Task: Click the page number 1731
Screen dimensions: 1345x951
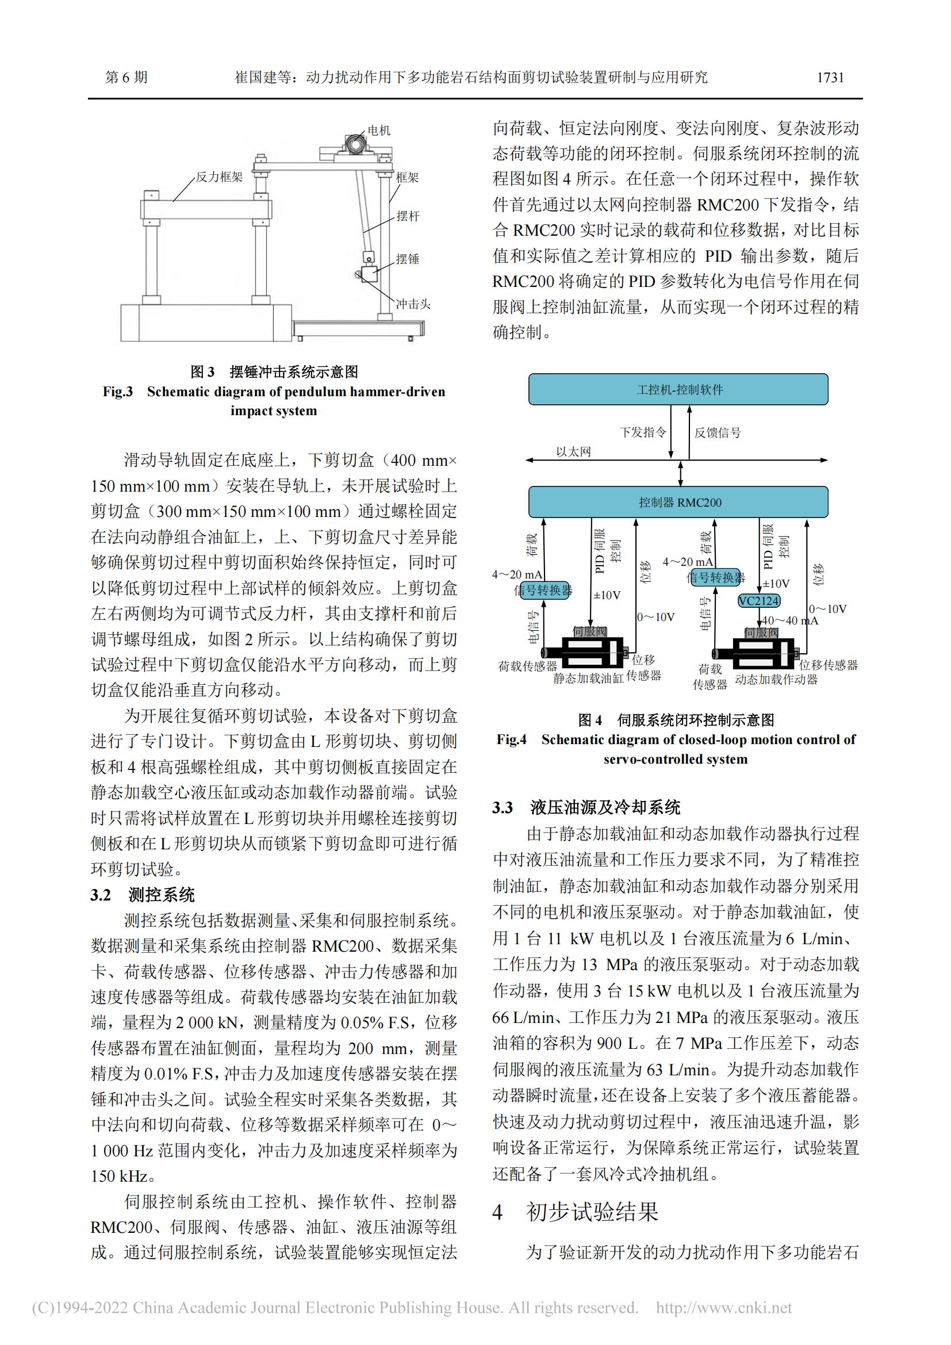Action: click(x=830, y=77)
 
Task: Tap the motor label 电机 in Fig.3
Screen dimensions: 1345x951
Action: click(x=379, y=131)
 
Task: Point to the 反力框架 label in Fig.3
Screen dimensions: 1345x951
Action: click(x=218, y=177)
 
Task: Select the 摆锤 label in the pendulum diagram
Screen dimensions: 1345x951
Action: click(x=408, y=259)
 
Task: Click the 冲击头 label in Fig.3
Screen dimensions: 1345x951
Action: click(x=413, y=304)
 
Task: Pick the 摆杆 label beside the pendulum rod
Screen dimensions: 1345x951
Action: click(x=408, y=216)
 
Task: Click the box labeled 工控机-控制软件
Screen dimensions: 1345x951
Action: click(x=678, y=389)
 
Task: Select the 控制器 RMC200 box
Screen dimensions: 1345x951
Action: click(x=678, y=502)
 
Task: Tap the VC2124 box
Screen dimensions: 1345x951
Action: click(x=758, y=601)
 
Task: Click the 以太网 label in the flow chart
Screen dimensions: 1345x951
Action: click(x=573, y=451)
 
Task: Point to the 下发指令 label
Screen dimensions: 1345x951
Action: click(x=643, y=432)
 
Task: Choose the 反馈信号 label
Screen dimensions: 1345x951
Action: click(x=718, y=433)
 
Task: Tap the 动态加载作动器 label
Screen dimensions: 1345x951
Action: click(x=776, y=680)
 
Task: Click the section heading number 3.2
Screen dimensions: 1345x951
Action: click(x=101, y=895)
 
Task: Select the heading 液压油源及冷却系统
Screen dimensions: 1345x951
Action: click(x=605, y=808)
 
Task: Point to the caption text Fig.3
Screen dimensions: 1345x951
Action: click(x=118, y=392)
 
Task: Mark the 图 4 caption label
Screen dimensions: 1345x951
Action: click(x=590, y=720)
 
